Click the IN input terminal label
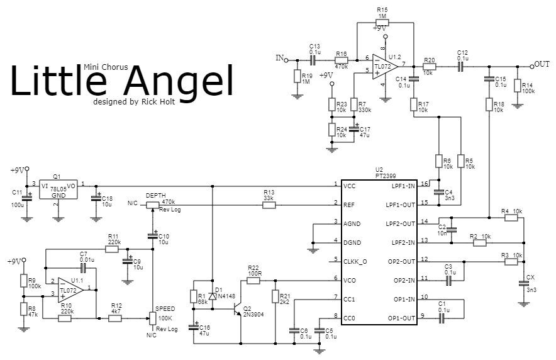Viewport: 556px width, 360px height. [x=279, y=58]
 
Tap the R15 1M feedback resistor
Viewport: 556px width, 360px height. [x=383, y=23]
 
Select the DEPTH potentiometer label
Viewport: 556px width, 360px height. [x=155, y=195]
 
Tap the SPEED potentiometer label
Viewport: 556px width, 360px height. [x=164, y=308]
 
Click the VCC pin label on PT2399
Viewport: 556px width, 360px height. [x=350, y=186]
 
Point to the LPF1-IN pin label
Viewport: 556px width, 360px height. [x=403, y=186]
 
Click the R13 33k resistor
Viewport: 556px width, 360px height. [x=269, y=204]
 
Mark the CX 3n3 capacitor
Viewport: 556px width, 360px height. [x=523, y=283]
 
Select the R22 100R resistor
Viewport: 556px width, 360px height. [x=253, y=280]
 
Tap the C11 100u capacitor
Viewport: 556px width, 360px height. [x=27, y=199]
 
